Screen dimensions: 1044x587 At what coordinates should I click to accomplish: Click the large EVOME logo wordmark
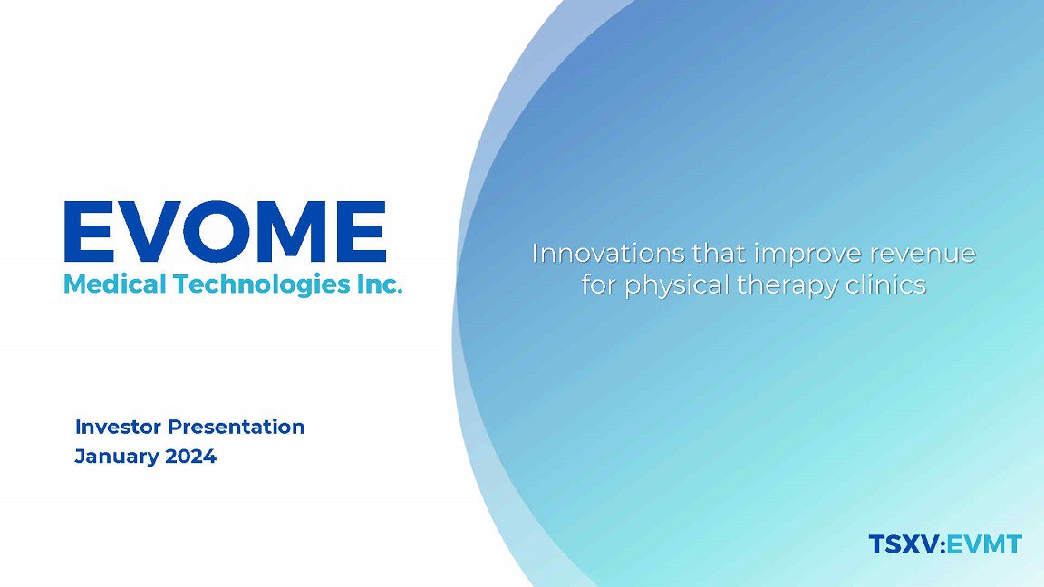point(225,232)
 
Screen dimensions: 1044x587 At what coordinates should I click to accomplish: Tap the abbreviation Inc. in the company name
point(381,284)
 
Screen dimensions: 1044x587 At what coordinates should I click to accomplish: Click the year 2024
point(191,457)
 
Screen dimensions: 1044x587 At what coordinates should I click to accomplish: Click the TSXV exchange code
point(904,544)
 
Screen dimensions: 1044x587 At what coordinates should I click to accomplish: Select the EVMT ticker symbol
point(985,544)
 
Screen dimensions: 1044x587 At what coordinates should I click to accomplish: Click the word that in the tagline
point(720,254)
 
